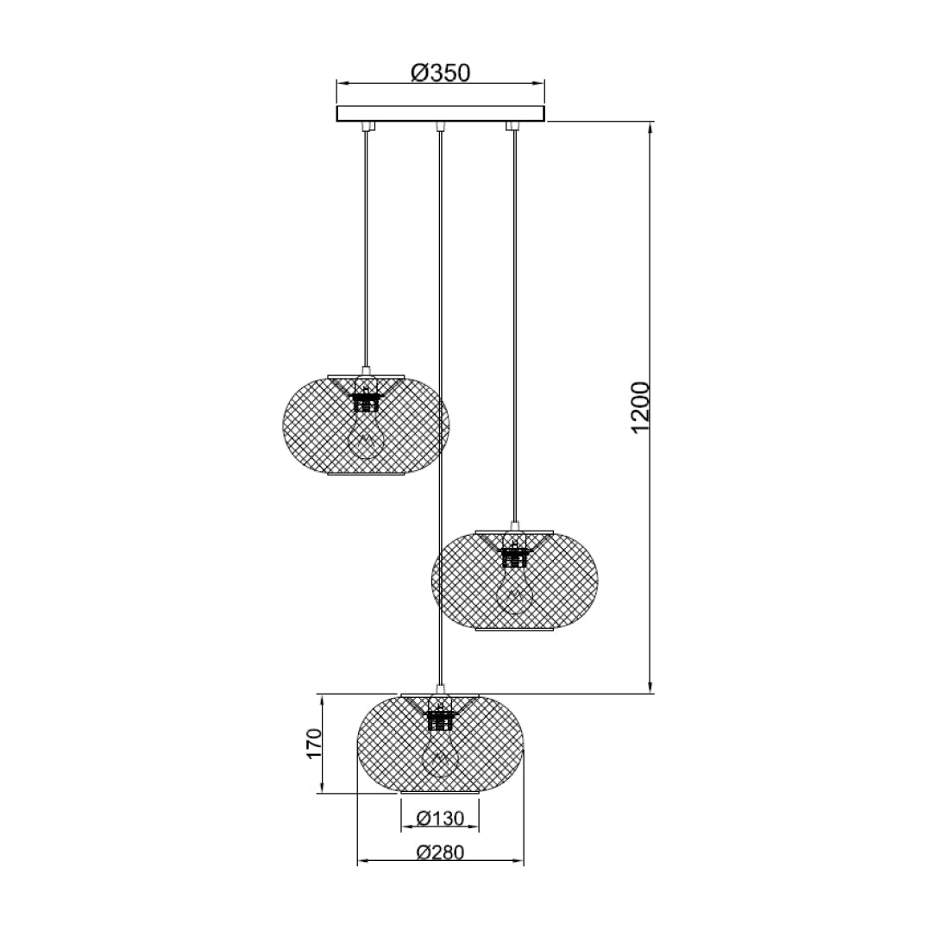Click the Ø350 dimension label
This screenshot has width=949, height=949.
440,73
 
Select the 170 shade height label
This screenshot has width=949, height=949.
314,743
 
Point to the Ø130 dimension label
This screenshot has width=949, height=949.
440,818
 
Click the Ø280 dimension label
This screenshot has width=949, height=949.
440,852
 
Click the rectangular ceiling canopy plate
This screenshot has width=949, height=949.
441,114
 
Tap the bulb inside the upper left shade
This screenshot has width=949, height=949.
367,436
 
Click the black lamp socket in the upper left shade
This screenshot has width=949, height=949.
367,402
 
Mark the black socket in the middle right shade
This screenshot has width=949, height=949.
514,553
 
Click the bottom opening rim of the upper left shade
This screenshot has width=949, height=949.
367,474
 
